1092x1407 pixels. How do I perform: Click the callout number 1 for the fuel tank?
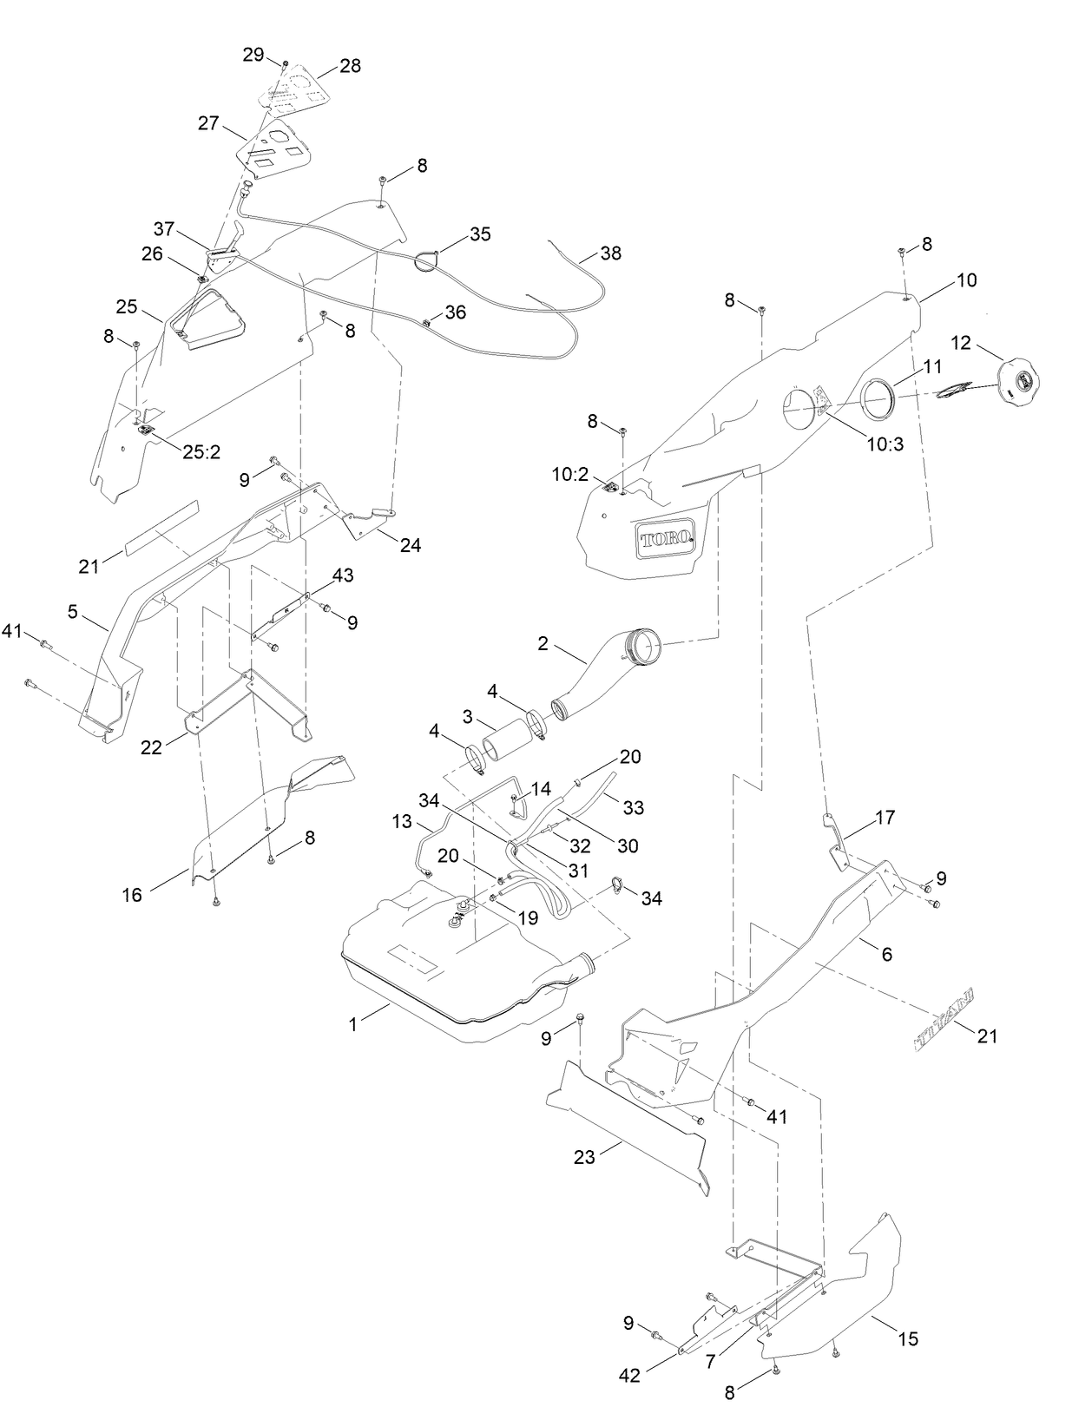click(353, 1024)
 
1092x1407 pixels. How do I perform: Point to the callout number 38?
click(611, 253)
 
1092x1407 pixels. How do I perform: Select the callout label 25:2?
click(201, 452)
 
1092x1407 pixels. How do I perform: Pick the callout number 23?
click(585, 1158)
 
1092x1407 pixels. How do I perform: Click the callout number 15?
click(908, 1339)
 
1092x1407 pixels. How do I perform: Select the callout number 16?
click(132, 895)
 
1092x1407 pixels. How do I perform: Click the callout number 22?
click(152, 747)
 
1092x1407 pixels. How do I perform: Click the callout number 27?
click(208, 123)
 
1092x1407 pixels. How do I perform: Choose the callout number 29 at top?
click(253, 55)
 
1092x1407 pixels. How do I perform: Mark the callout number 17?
click(885, 817)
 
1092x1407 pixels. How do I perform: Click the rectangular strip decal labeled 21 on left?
click(161, 528)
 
